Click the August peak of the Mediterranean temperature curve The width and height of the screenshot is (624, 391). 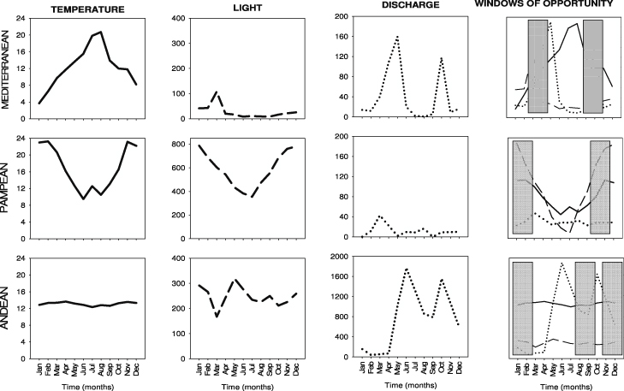(101, 32)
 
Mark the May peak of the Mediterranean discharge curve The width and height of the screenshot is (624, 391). (397, 37)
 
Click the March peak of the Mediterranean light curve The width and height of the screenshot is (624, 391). (217, 91)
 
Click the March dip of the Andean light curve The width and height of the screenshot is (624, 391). (217, 316)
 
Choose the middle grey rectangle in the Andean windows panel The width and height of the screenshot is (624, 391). (585, 308)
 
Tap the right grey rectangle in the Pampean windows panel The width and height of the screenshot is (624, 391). (600, 187)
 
